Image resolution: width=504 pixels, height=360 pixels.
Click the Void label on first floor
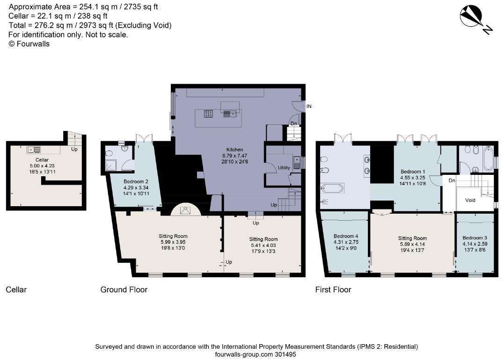pos(470,200)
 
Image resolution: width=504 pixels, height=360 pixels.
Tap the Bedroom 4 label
pos(346,236)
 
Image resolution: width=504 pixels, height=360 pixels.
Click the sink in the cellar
pos(34,150)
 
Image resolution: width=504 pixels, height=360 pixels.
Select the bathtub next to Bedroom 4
pos(332,188)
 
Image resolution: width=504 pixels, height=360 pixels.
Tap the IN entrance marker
pos(309,107)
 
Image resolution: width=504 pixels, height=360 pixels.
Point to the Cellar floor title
pos(16,290)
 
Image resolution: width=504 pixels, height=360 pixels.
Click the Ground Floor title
pos(124,290)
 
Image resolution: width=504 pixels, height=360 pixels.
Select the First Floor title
pos(333,290)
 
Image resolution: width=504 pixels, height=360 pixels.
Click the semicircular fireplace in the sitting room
pos(186,211)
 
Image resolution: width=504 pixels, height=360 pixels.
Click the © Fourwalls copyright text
pos(29,44)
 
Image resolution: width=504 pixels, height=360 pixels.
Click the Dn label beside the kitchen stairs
pos(293,124)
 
